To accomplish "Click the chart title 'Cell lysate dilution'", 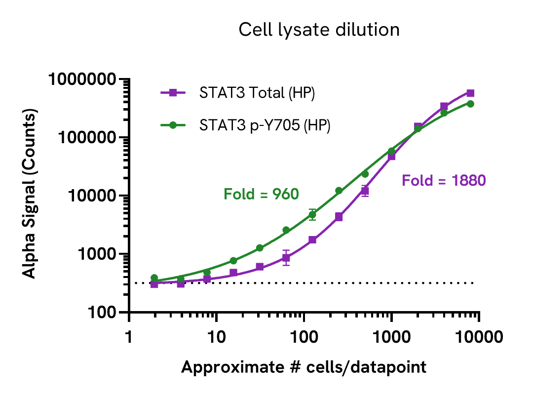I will click(x=319, y=30).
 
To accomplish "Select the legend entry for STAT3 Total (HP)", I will click(x=257, y=93).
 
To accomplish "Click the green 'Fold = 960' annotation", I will click(x=262, y=195).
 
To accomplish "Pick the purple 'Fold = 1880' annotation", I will click(x=444, y=181).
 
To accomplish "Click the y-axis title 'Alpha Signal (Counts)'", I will click(x=31, y=196).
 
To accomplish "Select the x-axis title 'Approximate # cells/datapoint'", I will click(x=304, y=367).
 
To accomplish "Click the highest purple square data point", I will click(x=470, y=93).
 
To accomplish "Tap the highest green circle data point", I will click(x=470, y=104).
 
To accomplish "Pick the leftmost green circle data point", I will click(x=154, y=278).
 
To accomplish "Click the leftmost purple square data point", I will click(x=154, y=284).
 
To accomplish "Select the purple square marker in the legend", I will click(x=173, y=92).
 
